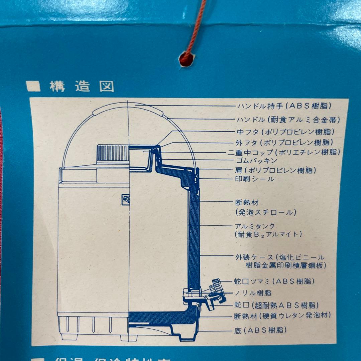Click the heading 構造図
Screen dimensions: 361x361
[82, 86]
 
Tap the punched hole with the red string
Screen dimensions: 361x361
[186, 59]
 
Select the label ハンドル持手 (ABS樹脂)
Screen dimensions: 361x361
[284, 106]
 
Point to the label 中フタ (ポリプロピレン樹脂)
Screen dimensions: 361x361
[285, 131]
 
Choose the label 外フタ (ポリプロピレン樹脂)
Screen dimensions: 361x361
[285, 142]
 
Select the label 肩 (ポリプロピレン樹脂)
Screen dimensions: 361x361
[275, 170]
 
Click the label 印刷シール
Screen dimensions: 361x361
[255, 179]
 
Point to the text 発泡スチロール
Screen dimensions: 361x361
[266, 212]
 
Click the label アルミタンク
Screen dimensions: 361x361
[255, 226]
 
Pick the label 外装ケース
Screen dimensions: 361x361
[255, 257]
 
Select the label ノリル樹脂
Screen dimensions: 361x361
[253, 293]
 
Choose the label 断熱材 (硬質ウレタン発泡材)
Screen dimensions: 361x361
[283, 315]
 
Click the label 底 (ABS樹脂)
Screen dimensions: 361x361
[261, 330]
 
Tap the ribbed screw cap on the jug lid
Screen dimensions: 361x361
[113, 153]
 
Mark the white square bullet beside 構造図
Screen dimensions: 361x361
[33, 87]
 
